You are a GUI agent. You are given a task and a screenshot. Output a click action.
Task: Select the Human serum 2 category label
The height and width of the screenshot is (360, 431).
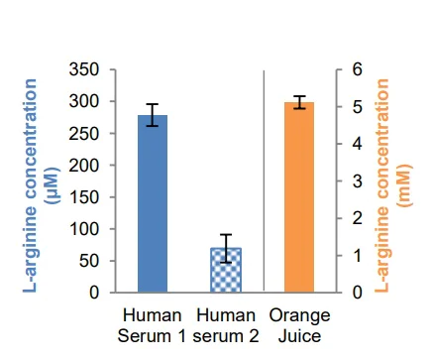click(226, 326)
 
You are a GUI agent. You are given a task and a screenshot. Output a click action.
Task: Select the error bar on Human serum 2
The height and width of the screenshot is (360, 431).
click(226, 248)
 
